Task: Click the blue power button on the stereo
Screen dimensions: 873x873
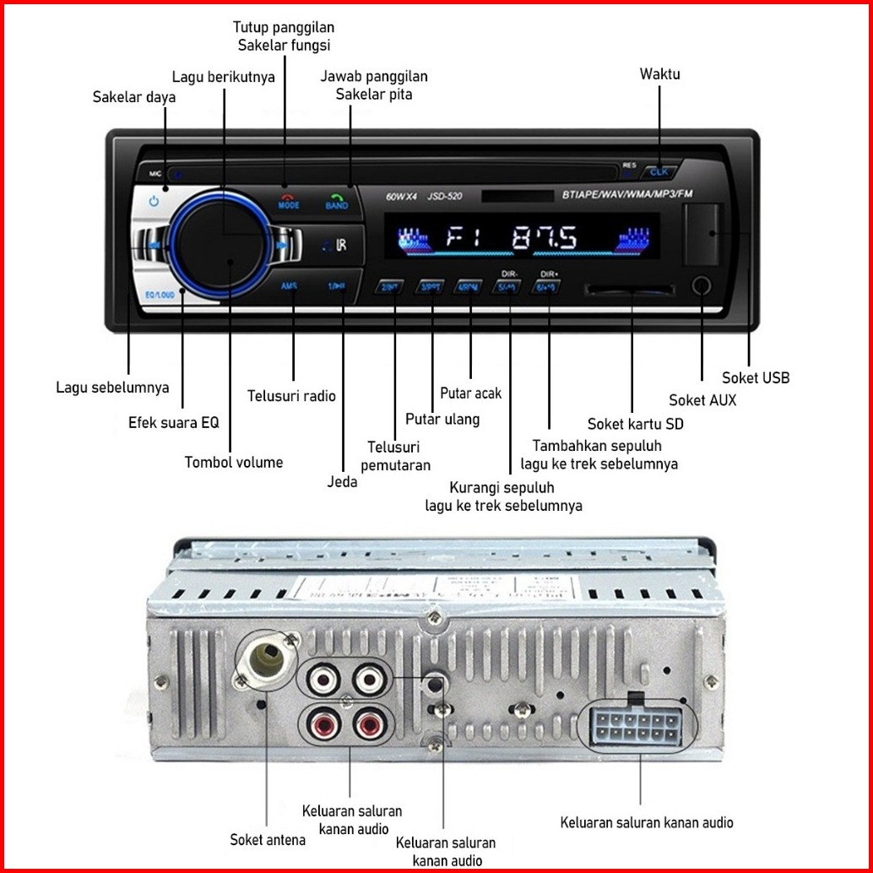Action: coord(154,202)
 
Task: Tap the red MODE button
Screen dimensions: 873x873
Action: coord(289,201)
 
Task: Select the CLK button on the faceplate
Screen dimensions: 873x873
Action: coord(659,173)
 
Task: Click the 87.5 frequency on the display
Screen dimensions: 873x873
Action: coord(545,237)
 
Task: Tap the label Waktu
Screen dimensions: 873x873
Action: coord(659,74)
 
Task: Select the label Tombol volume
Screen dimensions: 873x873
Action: coord(234,462)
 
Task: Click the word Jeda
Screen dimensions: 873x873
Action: coord(342,482)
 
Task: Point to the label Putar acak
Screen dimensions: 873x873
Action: coord(470,393)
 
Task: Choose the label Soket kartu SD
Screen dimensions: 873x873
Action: coord(635,424)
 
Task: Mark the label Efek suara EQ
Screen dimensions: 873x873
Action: coord(173,422)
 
